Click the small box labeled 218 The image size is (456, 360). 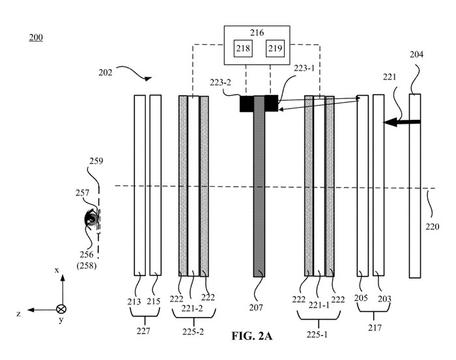pyautogui.click(x=243, y=48)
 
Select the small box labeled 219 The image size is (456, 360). pyautogui.click(x=275, y=48)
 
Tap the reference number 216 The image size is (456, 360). pyautogui.click(x=257, y=33)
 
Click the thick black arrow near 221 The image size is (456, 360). pyautogui.click(x=402, y=122)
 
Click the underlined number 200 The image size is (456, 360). pyautogui.click(x=36, y=38)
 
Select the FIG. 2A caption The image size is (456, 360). pyautogui.click(x=252, y=336)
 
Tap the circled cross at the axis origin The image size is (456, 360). pyautogui.click(x=61, y=309)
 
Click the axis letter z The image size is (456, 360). pyautogui.click(x=19, y=314)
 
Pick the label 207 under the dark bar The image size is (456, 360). pyautogui.click(x=256, y=307)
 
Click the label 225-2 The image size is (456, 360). pyautogui.click(x=193, y=332)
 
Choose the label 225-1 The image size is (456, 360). pyautogui.click(x=317, y=335)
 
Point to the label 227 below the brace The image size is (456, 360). pyautogui.click(x=143, y=331)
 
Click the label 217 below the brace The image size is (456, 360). pyautogui.click(x=375, y=327)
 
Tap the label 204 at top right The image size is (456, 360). pyautogui.click(x=416, y=54)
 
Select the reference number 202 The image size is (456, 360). pyautogui.click(x=105, y=72)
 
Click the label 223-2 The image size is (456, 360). pyautogui.click(x=220, y=83)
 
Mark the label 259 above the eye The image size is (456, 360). pyautogui.click(x=96, y=161)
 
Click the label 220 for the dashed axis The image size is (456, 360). pyautogui.click(x=432, y=227)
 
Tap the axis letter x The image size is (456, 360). pyautogui.click(x=57, y=270)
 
